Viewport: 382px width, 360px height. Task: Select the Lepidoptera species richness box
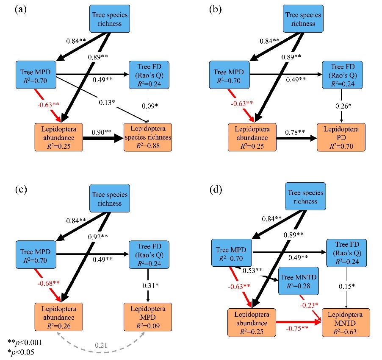pyautogui.click(x=148, y=137)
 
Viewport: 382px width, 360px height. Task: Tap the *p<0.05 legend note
pyautogui.click(x=22, y=352)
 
